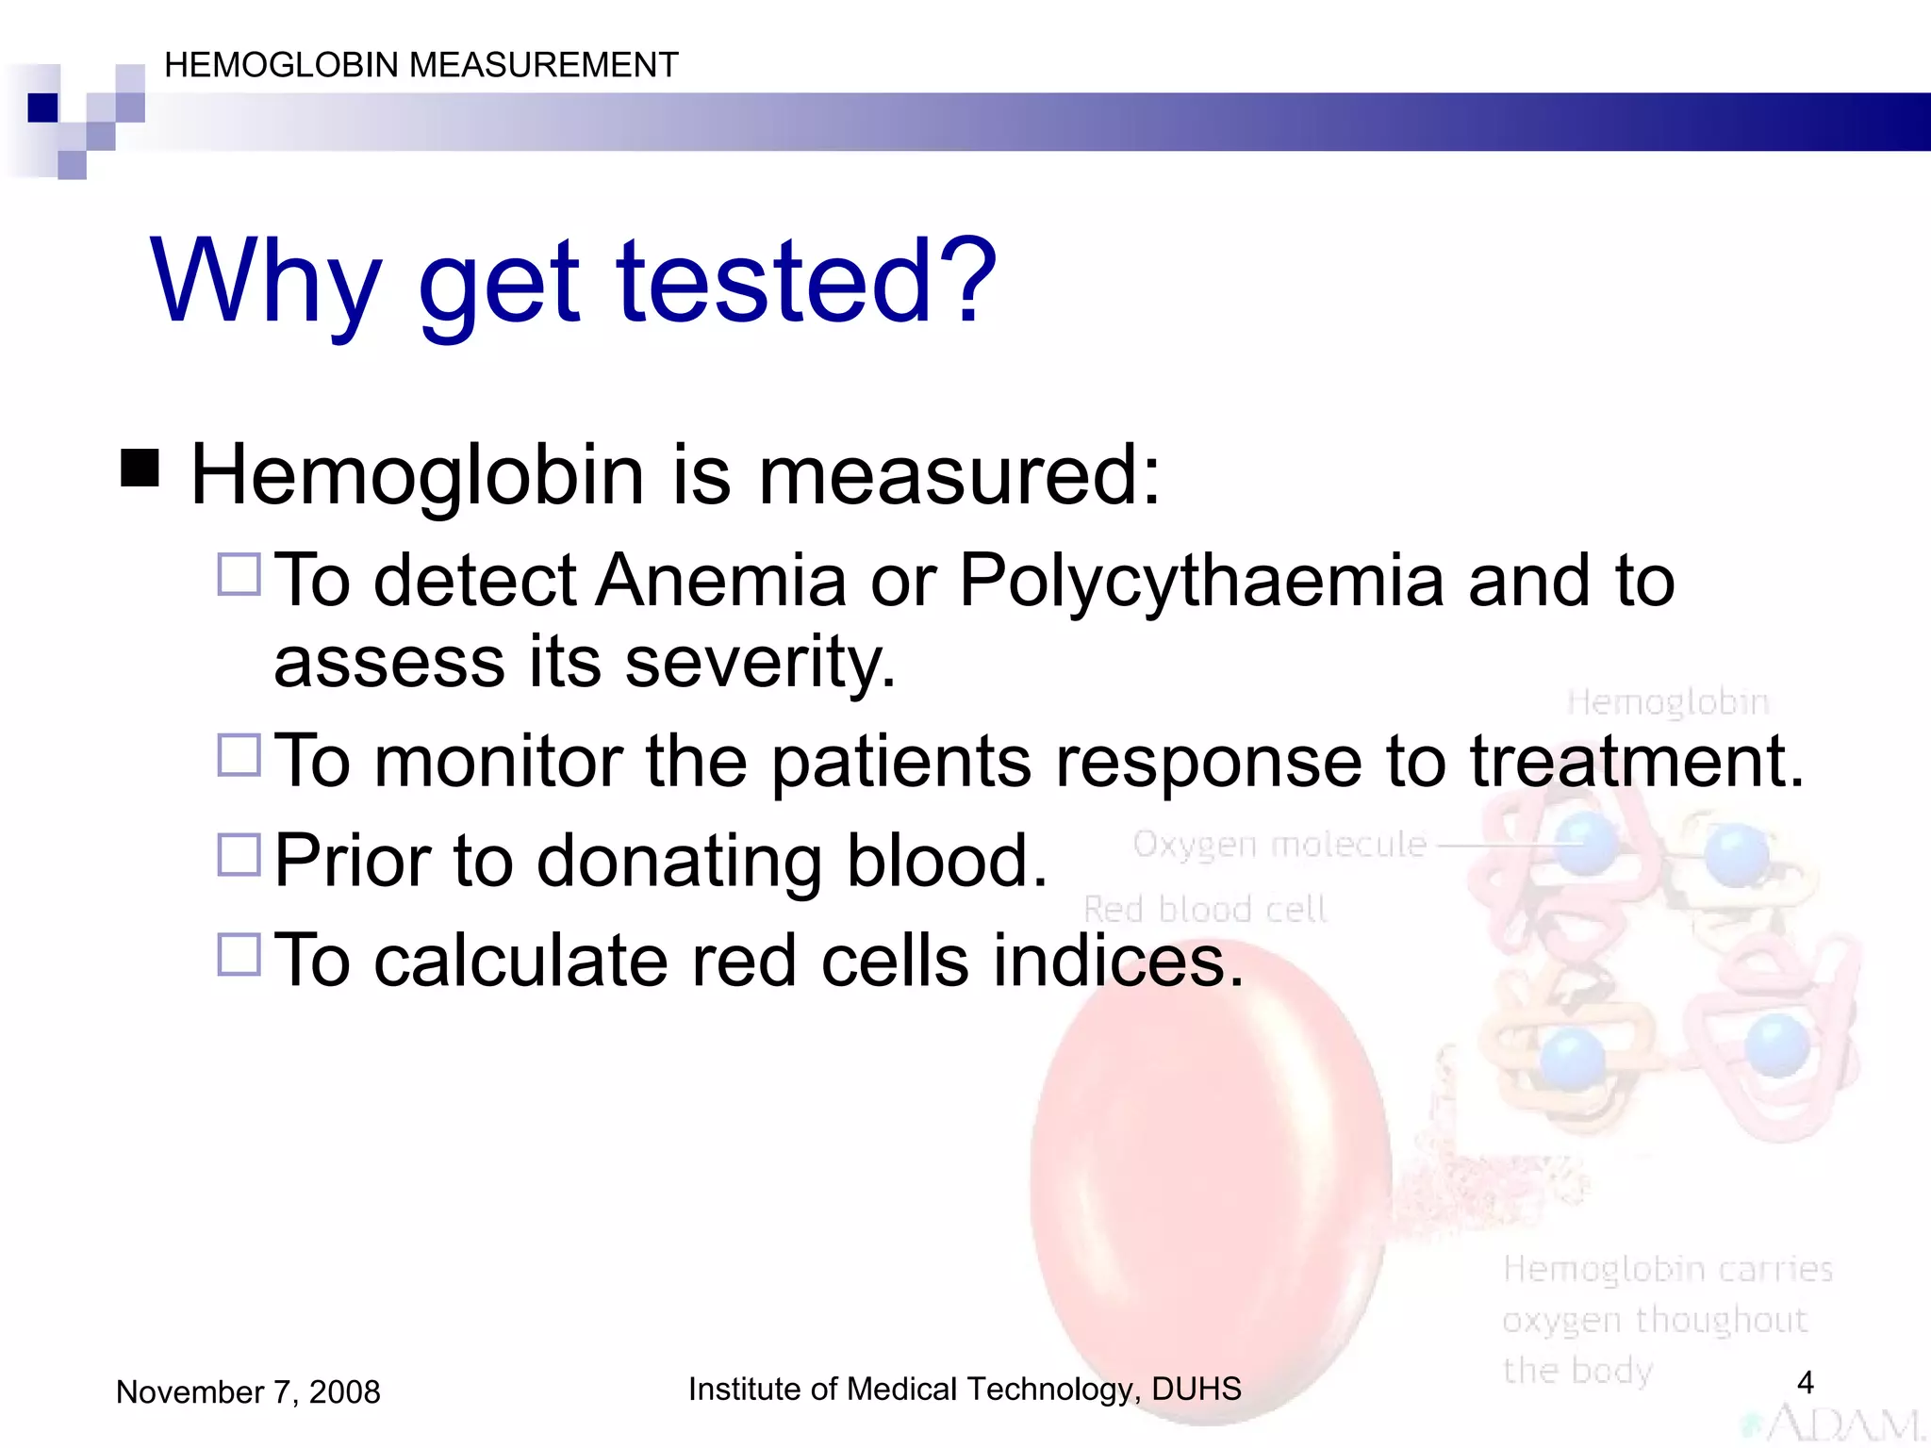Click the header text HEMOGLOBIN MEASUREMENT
point(421,65)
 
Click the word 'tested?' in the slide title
point(806,281)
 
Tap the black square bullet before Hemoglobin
point(140,468)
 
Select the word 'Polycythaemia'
point(1201,581)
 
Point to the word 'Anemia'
point(721,581)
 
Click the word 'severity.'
point(760,662)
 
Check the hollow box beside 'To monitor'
point(239,755)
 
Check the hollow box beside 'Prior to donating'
point(239,855)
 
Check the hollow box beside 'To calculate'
point(239,954)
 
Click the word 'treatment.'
point(1637,761)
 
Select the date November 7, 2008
point(248,1391)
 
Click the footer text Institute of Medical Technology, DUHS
point(965,1389)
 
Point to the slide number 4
point(1805,1382)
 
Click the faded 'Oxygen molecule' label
point(1279,844)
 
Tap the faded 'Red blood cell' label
point(1205,909)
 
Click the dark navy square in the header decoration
point(43,107)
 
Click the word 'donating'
point(679,861)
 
